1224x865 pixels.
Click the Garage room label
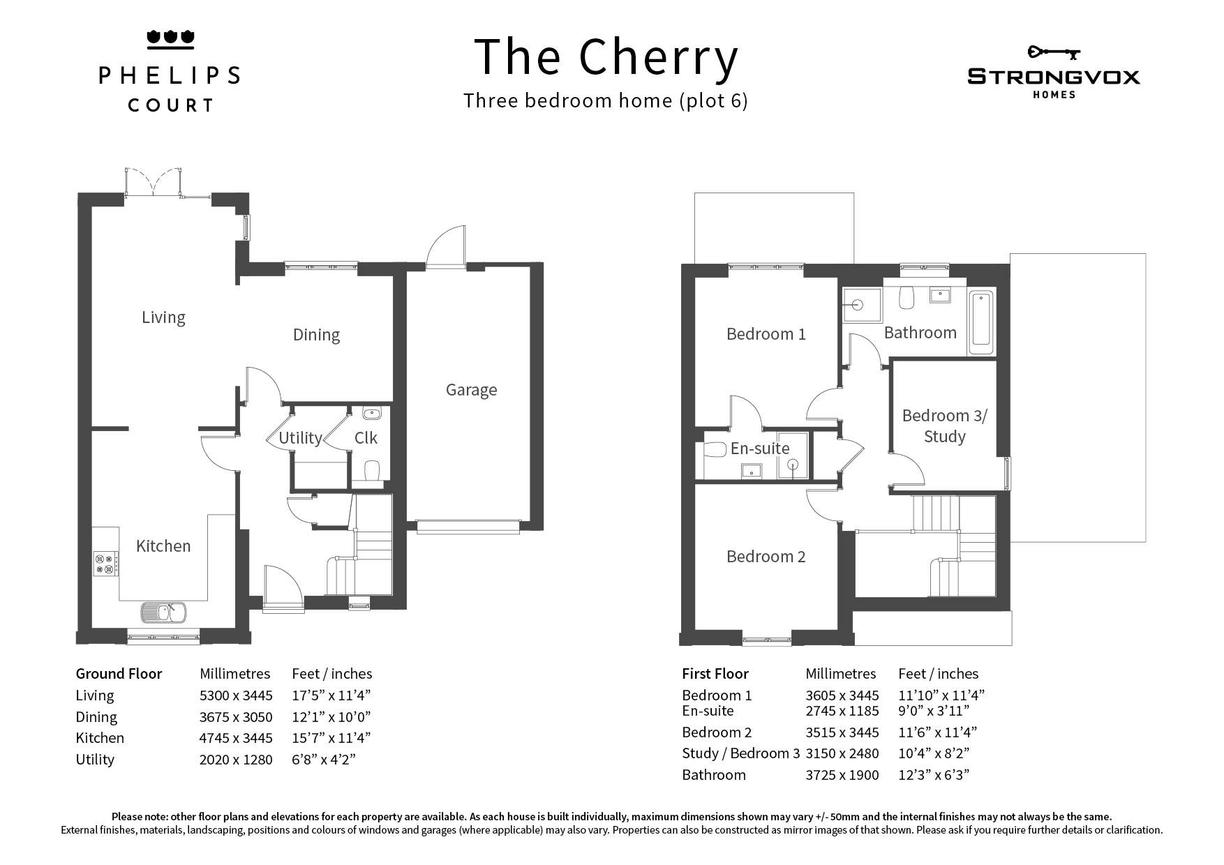(x=471, y=390)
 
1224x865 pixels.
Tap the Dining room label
(x=316, y=335)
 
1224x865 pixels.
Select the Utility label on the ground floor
(x=300, y=438)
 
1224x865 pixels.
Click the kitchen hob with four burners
(x=106, y=564)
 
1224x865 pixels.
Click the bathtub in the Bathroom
(x=981, y=322)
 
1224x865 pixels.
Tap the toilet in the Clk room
(x=372, y=471)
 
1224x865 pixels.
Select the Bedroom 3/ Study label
(x=944, y=426)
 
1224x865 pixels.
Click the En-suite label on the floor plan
(x=760, y=449)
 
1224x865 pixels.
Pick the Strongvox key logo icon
(x=1054, y=52)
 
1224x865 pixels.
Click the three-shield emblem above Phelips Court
(x=170, y=39)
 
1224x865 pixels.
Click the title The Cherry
(x=606, y=57)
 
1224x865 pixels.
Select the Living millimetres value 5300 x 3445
(x=236, y=695)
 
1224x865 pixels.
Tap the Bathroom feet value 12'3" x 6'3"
(x=934, y=775)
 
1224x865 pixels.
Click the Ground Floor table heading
(x=119, y=674)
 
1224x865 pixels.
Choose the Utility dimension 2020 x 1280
(x=236, y=760)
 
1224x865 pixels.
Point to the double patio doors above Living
(x=153, y=182)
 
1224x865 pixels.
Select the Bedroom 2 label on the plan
(x=766, y=557)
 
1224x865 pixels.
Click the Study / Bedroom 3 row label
(x=741, y=753)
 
